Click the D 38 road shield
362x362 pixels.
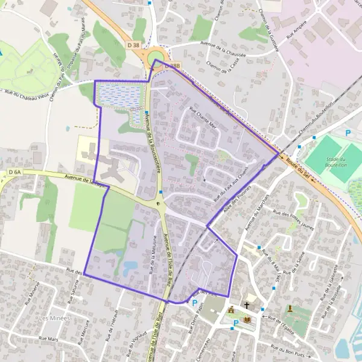point(134,45)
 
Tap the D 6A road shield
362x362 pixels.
point(15,173)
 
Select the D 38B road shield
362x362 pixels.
point(172,65)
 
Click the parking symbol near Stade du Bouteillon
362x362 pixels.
point(348,133)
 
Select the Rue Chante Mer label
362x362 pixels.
point(203,118)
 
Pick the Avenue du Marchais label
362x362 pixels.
point(258,215)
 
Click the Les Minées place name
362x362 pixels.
point(54,318)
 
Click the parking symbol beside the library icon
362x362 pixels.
point(235,322)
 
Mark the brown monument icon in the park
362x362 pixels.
point(290,308)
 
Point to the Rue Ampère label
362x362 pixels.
point(302,27)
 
